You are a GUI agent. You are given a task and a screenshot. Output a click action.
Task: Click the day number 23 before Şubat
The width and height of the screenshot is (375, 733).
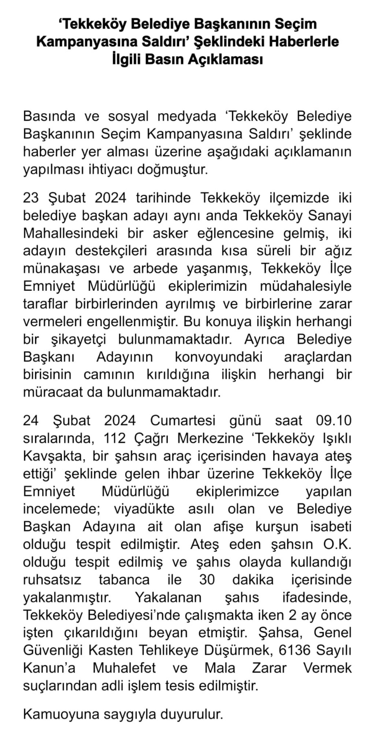[32, 198]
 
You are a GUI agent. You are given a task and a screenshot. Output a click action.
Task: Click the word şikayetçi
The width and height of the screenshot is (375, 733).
[76, 339]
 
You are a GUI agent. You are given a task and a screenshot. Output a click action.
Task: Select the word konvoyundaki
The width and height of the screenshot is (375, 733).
[219, 357]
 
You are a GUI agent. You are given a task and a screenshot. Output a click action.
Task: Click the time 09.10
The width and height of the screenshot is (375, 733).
[333, 421]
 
